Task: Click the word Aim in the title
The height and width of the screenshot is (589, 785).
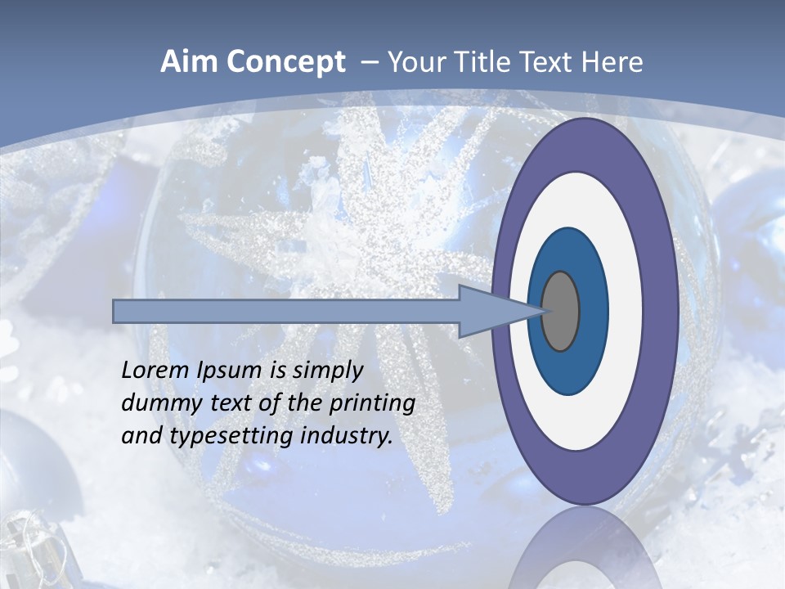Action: pos(187,62)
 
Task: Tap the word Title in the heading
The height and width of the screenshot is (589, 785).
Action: pos(478,62)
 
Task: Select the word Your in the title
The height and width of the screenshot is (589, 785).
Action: pos(412,62)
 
